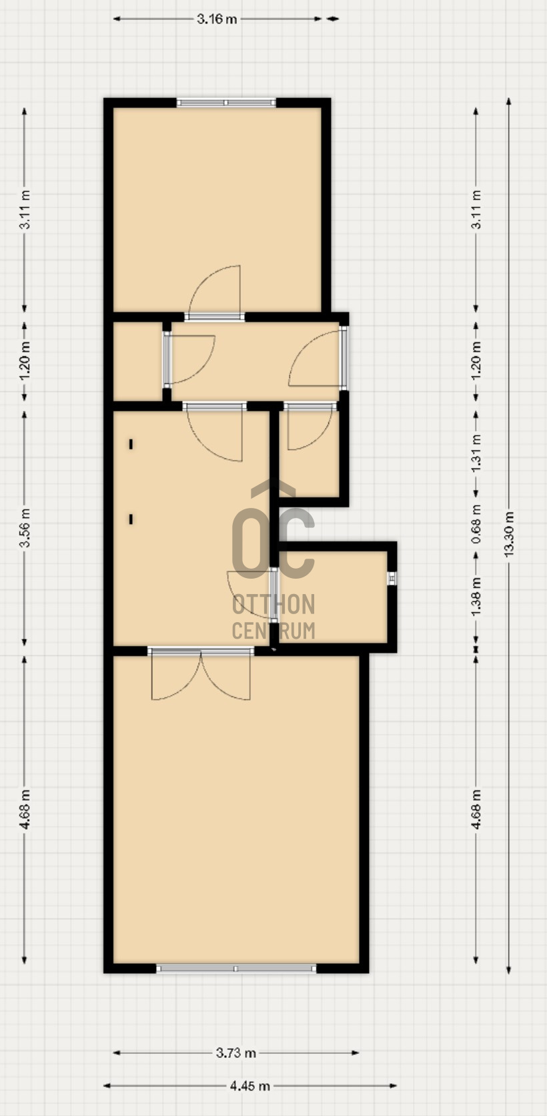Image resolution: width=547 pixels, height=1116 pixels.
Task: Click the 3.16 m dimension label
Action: pos(217,19)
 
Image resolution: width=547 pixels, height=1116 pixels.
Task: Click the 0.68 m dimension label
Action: pos(476,524)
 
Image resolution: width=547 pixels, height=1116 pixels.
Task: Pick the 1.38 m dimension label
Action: pos(476,596)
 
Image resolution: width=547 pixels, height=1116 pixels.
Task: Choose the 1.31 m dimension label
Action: pos(476,453)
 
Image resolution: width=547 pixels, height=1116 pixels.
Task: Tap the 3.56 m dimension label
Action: pos(25,527)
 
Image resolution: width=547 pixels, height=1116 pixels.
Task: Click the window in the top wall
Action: pos(226,103)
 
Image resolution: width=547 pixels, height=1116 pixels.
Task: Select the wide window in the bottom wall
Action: pos(236,968)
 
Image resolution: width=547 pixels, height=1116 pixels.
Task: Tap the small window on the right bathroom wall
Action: pos(392,578)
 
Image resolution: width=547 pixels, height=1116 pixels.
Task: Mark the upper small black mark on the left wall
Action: pos(131,444)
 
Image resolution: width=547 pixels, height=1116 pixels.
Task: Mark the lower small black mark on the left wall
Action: pos(131,519)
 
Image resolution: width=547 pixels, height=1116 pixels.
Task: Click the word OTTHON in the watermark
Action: pos(273,604)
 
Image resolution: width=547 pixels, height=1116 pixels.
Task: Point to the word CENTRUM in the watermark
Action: pos(273,631)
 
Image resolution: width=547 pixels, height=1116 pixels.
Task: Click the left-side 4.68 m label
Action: pos(25,809)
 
